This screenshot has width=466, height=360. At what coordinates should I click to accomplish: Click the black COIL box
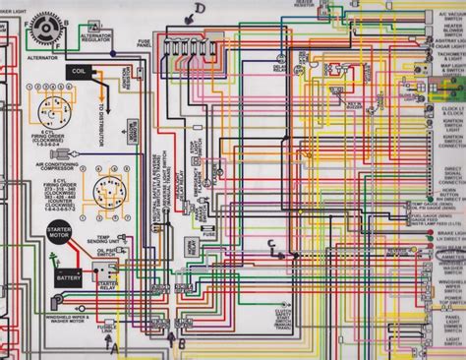tap(80, 71)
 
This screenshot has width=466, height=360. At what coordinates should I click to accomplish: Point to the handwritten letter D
tap(200, 11)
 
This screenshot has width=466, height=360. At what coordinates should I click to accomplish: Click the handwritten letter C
tap(270, 245)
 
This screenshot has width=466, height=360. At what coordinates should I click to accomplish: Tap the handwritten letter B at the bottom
tap(180, 341)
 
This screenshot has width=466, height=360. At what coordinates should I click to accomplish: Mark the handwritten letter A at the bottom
tap(114, 345)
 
